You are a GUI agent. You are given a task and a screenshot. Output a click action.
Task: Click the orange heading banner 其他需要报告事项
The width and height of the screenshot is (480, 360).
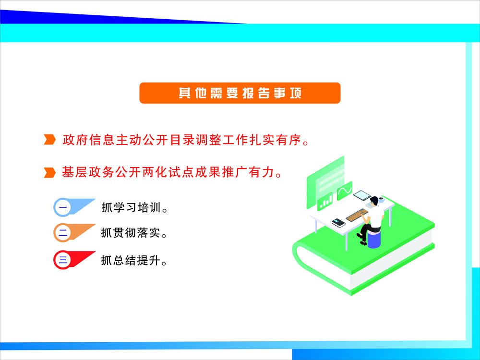click(240, 93)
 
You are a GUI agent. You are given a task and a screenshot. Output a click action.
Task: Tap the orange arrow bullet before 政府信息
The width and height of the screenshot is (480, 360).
click(49, 140)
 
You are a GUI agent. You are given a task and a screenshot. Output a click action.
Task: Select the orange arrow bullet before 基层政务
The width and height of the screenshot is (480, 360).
click(49, 172)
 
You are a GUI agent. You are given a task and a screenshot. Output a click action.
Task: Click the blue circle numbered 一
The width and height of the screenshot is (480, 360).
click(63, 207)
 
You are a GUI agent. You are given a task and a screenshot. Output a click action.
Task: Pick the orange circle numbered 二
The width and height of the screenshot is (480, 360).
click(63, 233)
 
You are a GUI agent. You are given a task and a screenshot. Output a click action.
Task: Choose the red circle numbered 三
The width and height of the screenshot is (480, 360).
click(63, 260)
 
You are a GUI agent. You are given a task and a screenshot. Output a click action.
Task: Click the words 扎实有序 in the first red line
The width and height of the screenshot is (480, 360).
click(276, 140)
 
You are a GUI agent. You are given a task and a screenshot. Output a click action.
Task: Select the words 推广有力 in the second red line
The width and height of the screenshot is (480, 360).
click(248, 172)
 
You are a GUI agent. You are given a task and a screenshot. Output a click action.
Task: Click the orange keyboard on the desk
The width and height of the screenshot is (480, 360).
click(357, 215)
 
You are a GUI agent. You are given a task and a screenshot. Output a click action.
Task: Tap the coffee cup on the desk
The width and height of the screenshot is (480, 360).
click(382, 200)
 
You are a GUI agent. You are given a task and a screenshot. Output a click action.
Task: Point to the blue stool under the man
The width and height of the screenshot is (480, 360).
click(374, 239)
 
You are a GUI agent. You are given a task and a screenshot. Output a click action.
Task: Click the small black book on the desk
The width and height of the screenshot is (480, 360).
click(338, 223)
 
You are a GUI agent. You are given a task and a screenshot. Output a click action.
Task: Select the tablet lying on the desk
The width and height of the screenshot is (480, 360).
click(362, 195)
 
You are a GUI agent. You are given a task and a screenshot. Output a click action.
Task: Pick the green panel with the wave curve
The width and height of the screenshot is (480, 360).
click(345, 191)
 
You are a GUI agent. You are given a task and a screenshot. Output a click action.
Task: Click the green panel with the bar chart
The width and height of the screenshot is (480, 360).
click(325, 202)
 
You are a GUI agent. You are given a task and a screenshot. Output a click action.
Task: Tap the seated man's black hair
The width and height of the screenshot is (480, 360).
click(374, 201)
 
